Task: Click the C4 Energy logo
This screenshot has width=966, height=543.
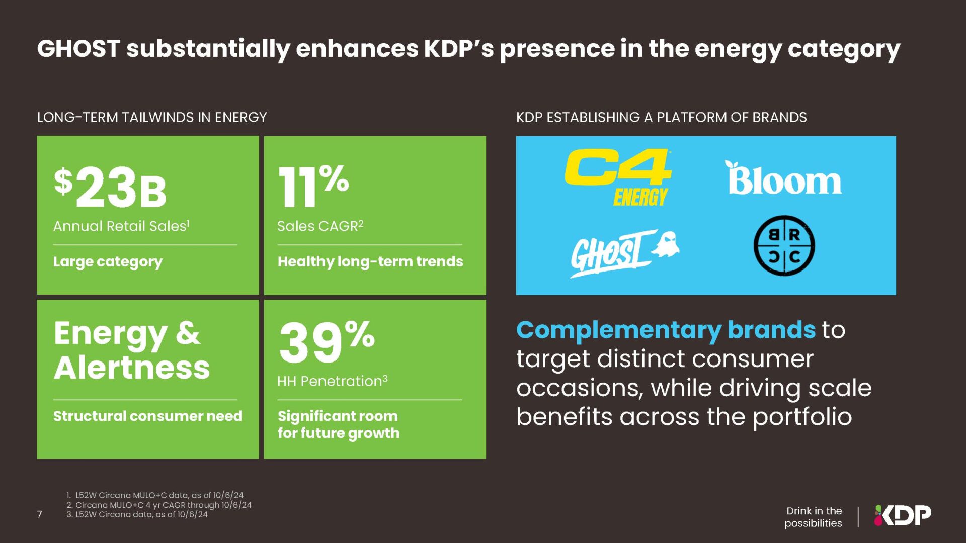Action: [618, 177]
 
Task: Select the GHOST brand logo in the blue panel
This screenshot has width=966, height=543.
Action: [624, 253]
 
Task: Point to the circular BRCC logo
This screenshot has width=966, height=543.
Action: [784, 245]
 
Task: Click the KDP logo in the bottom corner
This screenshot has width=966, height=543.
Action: [903, 515]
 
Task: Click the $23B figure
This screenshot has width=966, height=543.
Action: [110, 188]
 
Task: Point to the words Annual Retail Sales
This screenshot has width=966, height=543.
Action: [121, 226]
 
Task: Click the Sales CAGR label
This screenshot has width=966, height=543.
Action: [320, 226]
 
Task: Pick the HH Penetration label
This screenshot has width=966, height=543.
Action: [332, 381]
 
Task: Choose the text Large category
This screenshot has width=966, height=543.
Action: [108, 262]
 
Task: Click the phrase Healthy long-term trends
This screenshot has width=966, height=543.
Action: [370, 261]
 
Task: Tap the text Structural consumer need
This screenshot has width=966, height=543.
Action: [147, 416]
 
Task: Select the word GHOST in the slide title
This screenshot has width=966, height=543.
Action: [78, 49]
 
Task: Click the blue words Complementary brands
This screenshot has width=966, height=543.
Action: [665, 330]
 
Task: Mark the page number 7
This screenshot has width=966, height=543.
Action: [40, 514]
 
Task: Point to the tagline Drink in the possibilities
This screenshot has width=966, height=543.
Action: [813, 517]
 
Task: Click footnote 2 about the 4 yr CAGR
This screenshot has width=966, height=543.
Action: [159, 505]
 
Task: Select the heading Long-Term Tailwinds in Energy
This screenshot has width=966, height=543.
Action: [151, 117]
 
